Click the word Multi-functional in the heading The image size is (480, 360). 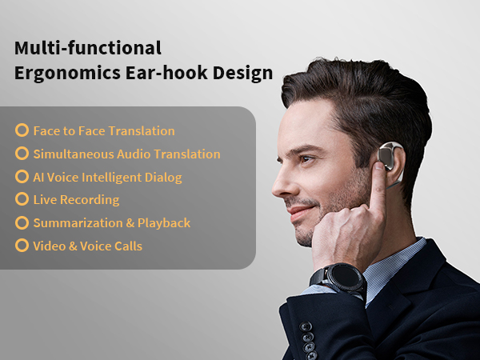(88, 48)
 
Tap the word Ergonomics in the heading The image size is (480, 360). (67, 74)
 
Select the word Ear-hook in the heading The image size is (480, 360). (166, 73)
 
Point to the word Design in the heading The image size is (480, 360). (242, 74)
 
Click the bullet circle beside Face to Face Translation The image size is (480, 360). (22, 130)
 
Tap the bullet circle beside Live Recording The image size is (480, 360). (22, 199)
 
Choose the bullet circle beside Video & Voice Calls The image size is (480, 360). (22, 246)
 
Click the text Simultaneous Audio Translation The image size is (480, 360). (126, 154)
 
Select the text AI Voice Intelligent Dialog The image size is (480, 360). (107, 178)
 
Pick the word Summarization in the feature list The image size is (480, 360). (78, 223)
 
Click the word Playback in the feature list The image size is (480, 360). (164, 223)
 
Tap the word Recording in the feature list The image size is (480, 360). (90, 200)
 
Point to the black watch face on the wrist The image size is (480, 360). (346, 275)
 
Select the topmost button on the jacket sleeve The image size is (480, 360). (306, 326)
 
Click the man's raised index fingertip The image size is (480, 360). (379, 167)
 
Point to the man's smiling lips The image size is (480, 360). (298, 212)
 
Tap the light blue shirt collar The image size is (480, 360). (395, 266)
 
